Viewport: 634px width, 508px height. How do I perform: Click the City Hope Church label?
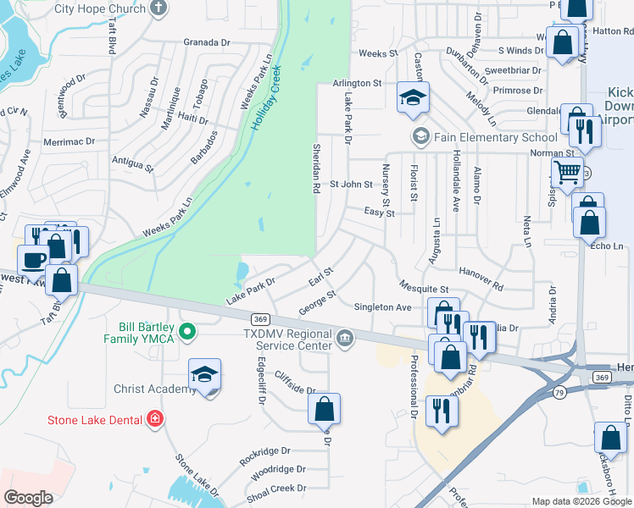coord(99,8)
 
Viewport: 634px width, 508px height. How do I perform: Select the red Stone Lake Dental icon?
coord(154,417)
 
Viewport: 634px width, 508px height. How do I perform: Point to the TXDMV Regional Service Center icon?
coord(345,340)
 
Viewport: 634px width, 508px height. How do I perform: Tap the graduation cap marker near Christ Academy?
coord(204,376)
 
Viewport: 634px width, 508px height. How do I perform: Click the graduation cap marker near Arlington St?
coord(413,98)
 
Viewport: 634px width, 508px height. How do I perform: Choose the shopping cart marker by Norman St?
coord(567,173)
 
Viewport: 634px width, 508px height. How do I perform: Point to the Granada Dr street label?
coord(207,41)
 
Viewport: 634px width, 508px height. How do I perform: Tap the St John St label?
coord(351,184)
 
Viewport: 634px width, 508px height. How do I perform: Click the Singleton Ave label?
coord(382,307)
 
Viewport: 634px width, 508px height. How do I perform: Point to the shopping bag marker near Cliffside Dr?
coord(324,410)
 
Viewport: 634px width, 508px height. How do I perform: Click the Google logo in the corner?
coord(29,498)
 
